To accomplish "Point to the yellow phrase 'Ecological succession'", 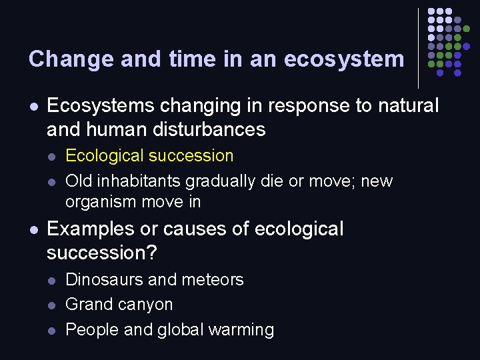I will tap(149, 156).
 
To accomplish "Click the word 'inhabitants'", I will tap(139, 181).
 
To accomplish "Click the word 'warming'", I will tap(241, 330).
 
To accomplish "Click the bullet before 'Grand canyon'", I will tap(51, 305).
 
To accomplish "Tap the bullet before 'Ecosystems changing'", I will tap(33, 106).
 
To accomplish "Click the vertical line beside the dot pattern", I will tap(418, 48).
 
